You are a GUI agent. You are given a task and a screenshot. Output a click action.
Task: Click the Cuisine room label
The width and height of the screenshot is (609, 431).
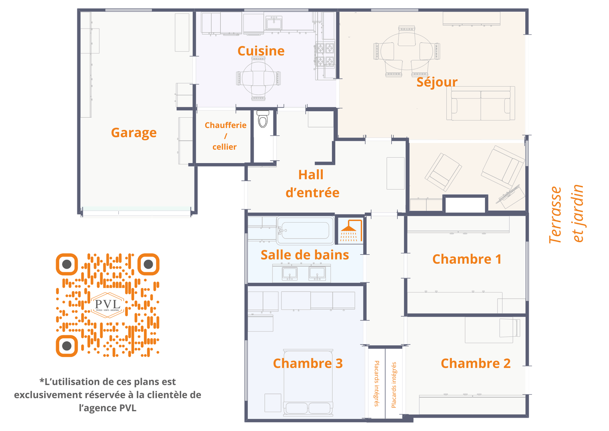(x=261, y=51)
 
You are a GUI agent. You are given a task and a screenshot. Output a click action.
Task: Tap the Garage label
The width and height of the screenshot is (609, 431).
(x=134, y=133)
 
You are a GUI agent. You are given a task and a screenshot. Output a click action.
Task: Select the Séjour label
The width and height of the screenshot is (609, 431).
(x=437, y=82)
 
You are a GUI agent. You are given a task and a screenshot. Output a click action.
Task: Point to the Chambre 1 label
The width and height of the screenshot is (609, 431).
(x=467, y=259)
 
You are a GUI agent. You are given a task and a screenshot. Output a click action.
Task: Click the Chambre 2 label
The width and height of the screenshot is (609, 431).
(x=475, y=363)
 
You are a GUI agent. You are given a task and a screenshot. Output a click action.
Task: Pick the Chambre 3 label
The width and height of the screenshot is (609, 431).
(x=308, y=363)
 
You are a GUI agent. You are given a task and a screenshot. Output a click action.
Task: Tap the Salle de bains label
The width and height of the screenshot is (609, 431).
(x=305, y=255)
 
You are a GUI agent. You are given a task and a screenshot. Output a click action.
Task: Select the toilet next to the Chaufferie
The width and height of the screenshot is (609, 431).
(x=263, y=119)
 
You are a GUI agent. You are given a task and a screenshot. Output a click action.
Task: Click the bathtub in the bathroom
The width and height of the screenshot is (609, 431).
(x=305, y=230)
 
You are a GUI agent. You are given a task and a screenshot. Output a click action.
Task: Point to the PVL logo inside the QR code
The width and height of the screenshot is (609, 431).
(x=108, y=305)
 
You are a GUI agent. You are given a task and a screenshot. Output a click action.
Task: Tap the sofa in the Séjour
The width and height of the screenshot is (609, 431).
(x=480, y=103)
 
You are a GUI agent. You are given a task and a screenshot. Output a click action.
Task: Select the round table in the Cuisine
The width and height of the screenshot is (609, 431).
(x=258, y=79)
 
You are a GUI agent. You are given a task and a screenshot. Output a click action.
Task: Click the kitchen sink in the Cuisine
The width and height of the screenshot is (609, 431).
(x=274, y=23)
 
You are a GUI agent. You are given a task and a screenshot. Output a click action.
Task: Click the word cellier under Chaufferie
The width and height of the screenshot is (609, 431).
(x=225, y=147)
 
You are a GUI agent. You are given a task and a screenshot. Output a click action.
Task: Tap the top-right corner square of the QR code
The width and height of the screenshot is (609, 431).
(x=148, y=264)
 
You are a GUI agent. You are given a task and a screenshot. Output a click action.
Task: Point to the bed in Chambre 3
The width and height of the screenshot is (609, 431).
(x=308, y=383)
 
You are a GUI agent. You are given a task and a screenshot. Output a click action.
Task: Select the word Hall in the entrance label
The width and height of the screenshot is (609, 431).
(x=311, y=175)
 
